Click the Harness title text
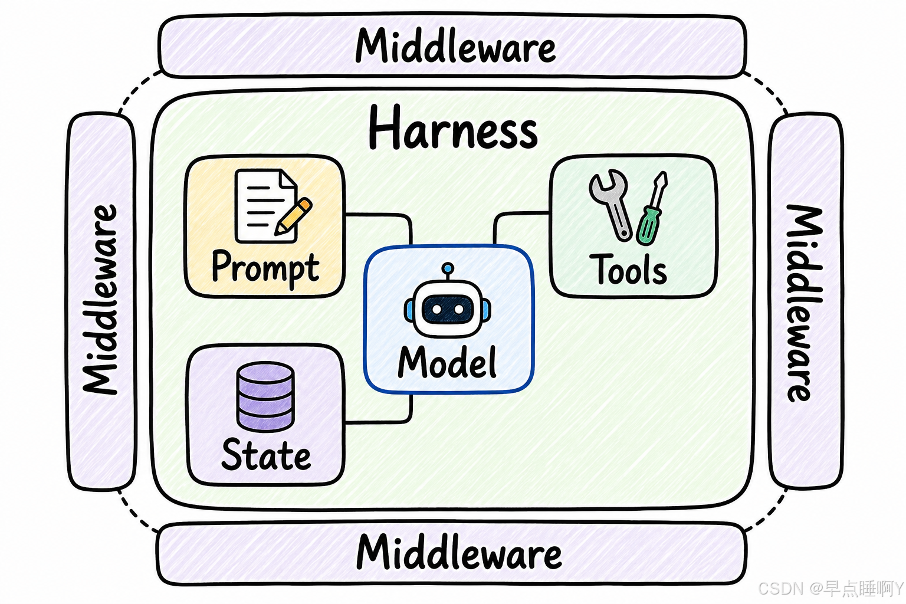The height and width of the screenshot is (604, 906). (x=453, y=127)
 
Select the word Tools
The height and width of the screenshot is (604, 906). (x=629, y=269)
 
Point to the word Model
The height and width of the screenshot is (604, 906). (x=447, y=362)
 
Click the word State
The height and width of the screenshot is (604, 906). (x=266, y=455)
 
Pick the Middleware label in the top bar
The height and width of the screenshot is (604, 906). (x=455, y=46)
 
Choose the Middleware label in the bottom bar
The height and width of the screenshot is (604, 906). (x=459, y=552)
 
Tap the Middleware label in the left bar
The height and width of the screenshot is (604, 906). (x=100, y=300)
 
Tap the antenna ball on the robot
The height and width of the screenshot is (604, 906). (x=447, y=268)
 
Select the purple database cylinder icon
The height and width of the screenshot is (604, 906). (x=265, y=397)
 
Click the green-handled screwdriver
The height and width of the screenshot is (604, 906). (x=651, y=208)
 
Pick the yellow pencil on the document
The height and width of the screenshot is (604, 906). (x=293, y=216)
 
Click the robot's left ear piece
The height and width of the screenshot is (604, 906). (x=409, y=310)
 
